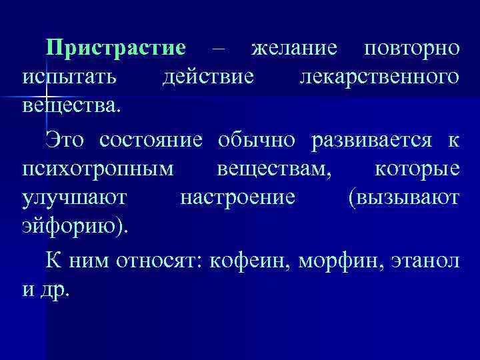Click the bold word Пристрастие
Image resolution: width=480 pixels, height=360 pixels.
tap(115, 49)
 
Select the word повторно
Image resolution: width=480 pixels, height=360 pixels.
tap(412, 49)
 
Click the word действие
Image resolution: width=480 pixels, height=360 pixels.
tap(209, 77)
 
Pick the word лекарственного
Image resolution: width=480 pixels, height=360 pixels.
tap(379, 77)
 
